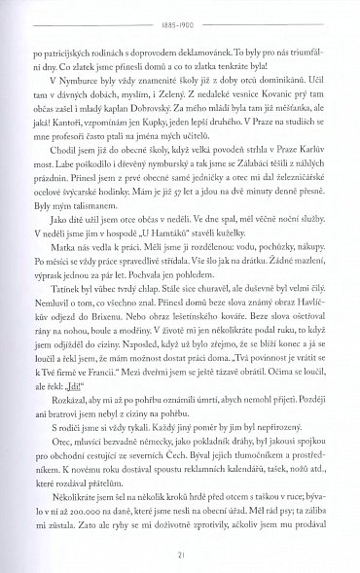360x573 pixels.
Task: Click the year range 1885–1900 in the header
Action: pyautogui.click(x=179, y=18)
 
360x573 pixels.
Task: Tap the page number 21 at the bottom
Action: pyautogui.click(x=179, y=554)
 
